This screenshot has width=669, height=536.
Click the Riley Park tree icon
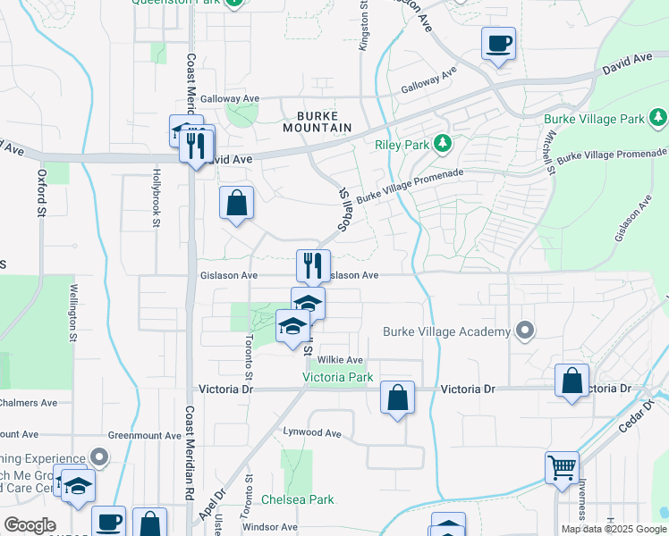click(441, 143)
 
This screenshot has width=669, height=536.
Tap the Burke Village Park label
click(595, 119)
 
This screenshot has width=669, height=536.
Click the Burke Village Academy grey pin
click(525, 331)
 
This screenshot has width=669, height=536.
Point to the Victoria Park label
click(337, 378)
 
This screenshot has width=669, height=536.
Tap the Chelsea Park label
click(298, 499)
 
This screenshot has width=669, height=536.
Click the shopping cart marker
click(562, 466)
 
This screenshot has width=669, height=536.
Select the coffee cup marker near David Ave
click(498, 42)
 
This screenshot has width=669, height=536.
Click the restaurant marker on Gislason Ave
click(313, 264)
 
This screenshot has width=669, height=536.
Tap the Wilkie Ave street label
click(340, 360)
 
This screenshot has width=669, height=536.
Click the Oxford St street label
click(41, 193)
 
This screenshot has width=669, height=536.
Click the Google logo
click(30, 525)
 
